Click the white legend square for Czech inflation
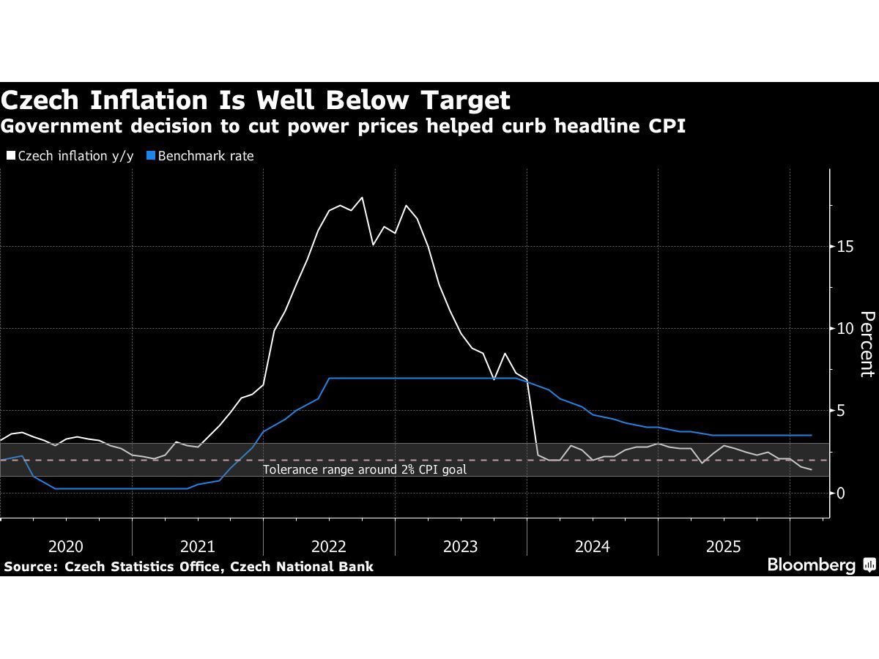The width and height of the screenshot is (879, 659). pos(10,155)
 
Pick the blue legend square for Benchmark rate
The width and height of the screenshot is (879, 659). pos(151,155)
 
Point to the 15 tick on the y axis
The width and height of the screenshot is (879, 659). pos(845,246)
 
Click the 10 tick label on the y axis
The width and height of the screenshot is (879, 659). pos(845,328)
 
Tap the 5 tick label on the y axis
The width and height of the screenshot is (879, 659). pos(842,411)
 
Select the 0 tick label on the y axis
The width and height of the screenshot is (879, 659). pos(842,493)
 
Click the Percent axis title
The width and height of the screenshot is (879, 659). pos(867,343)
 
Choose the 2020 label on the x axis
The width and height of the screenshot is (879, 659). pos(66,546)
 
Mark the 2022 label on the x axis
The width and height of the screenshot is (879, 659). pos(329,546)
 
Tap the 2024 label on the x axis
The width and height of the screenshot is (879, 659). pos(592,546)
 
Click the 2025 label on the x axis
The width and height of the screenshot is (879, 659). pos(724,546)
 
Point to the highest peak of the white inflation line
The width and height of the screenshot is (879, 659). pos(362,197)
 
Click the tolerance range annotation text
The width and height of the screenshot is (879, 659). pos(365,469)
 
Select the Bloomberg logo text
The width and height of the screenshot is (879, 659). pos(811,565)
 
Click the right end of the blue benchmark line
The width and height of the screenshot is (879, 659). pos(812,435)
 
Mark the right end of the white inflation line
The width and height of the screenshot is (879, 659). pos(812,470)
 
